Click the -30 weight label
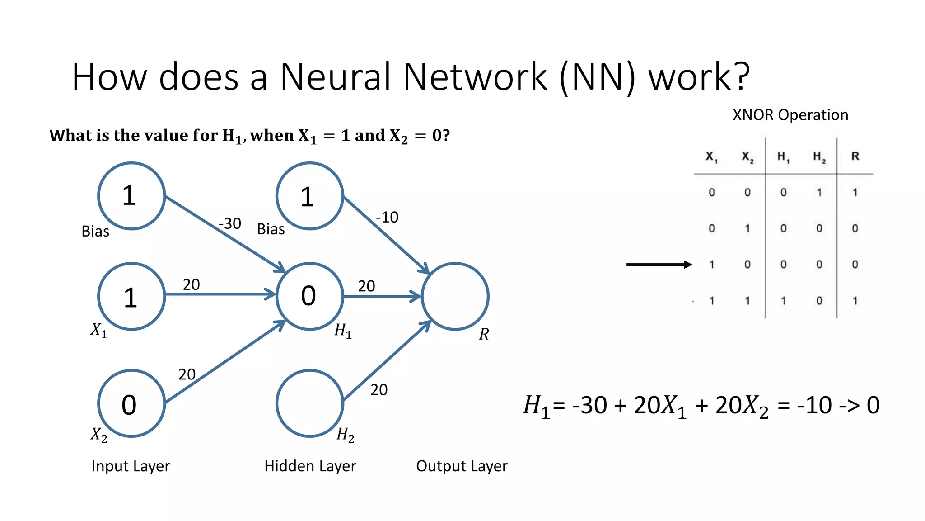click(x=230, y=223)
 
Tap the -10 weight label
click(x=387, y=217)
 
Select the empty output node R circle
click(x=455, y=296)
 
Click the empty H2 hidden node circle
click(x=310, y=403)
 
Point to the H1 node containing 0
click(x=310, y=296)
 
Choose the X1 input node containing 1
click(x=131, y=296)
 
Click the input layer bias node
click(x=131, y=196)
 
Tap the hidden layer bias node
click(x=310, y=196)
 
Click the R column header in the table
click(x=855, y=156)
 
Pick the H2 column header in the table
click(x=819, y=157)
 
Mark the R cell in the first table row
click(x=855, y=192)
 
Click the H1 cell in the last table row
click(x=783, y=301)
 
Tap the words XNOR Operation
click(x=790, y=115)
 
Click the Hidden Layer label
click(x=310, y=466)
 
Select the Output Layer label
click(x=462, y=466)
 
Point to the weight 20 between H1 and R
click(x=366, y=286)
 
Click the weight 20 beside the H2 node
click(x=379, y=389)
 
